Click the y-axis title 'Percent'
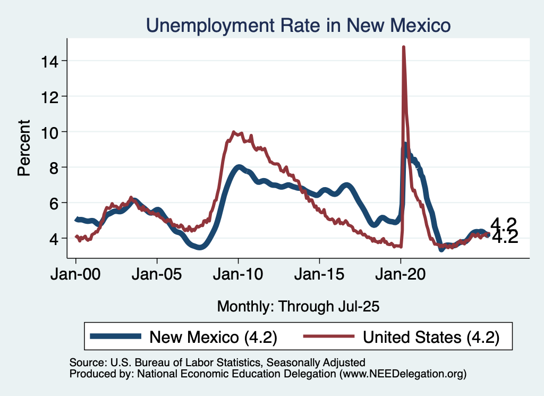pos(24,148)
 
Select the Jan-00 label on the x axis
pos(76,277)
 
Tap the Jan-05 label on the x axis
pos(157,277)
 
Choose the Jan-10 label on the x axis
pos(238,277)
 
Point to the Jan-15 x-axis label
pos(319,277)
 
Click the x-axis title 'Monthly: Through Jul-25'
pos(299,306)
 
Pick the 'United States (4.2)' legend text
pos(431,336)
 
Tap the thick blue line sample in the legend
pos(116,336)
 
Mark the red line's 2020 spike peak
pos(404,47)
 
